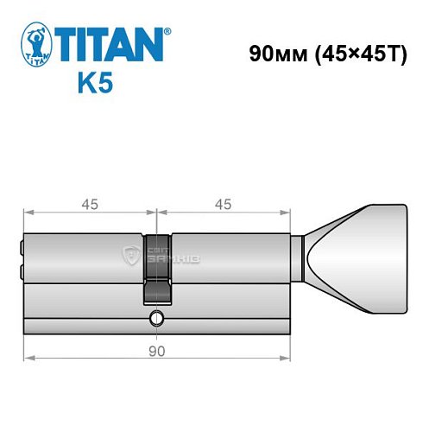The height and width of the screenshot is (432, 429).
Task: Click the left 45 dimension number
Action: [90, 204]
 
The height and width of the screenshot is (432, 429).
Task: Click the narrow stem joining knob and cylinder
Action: [296, 259]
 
